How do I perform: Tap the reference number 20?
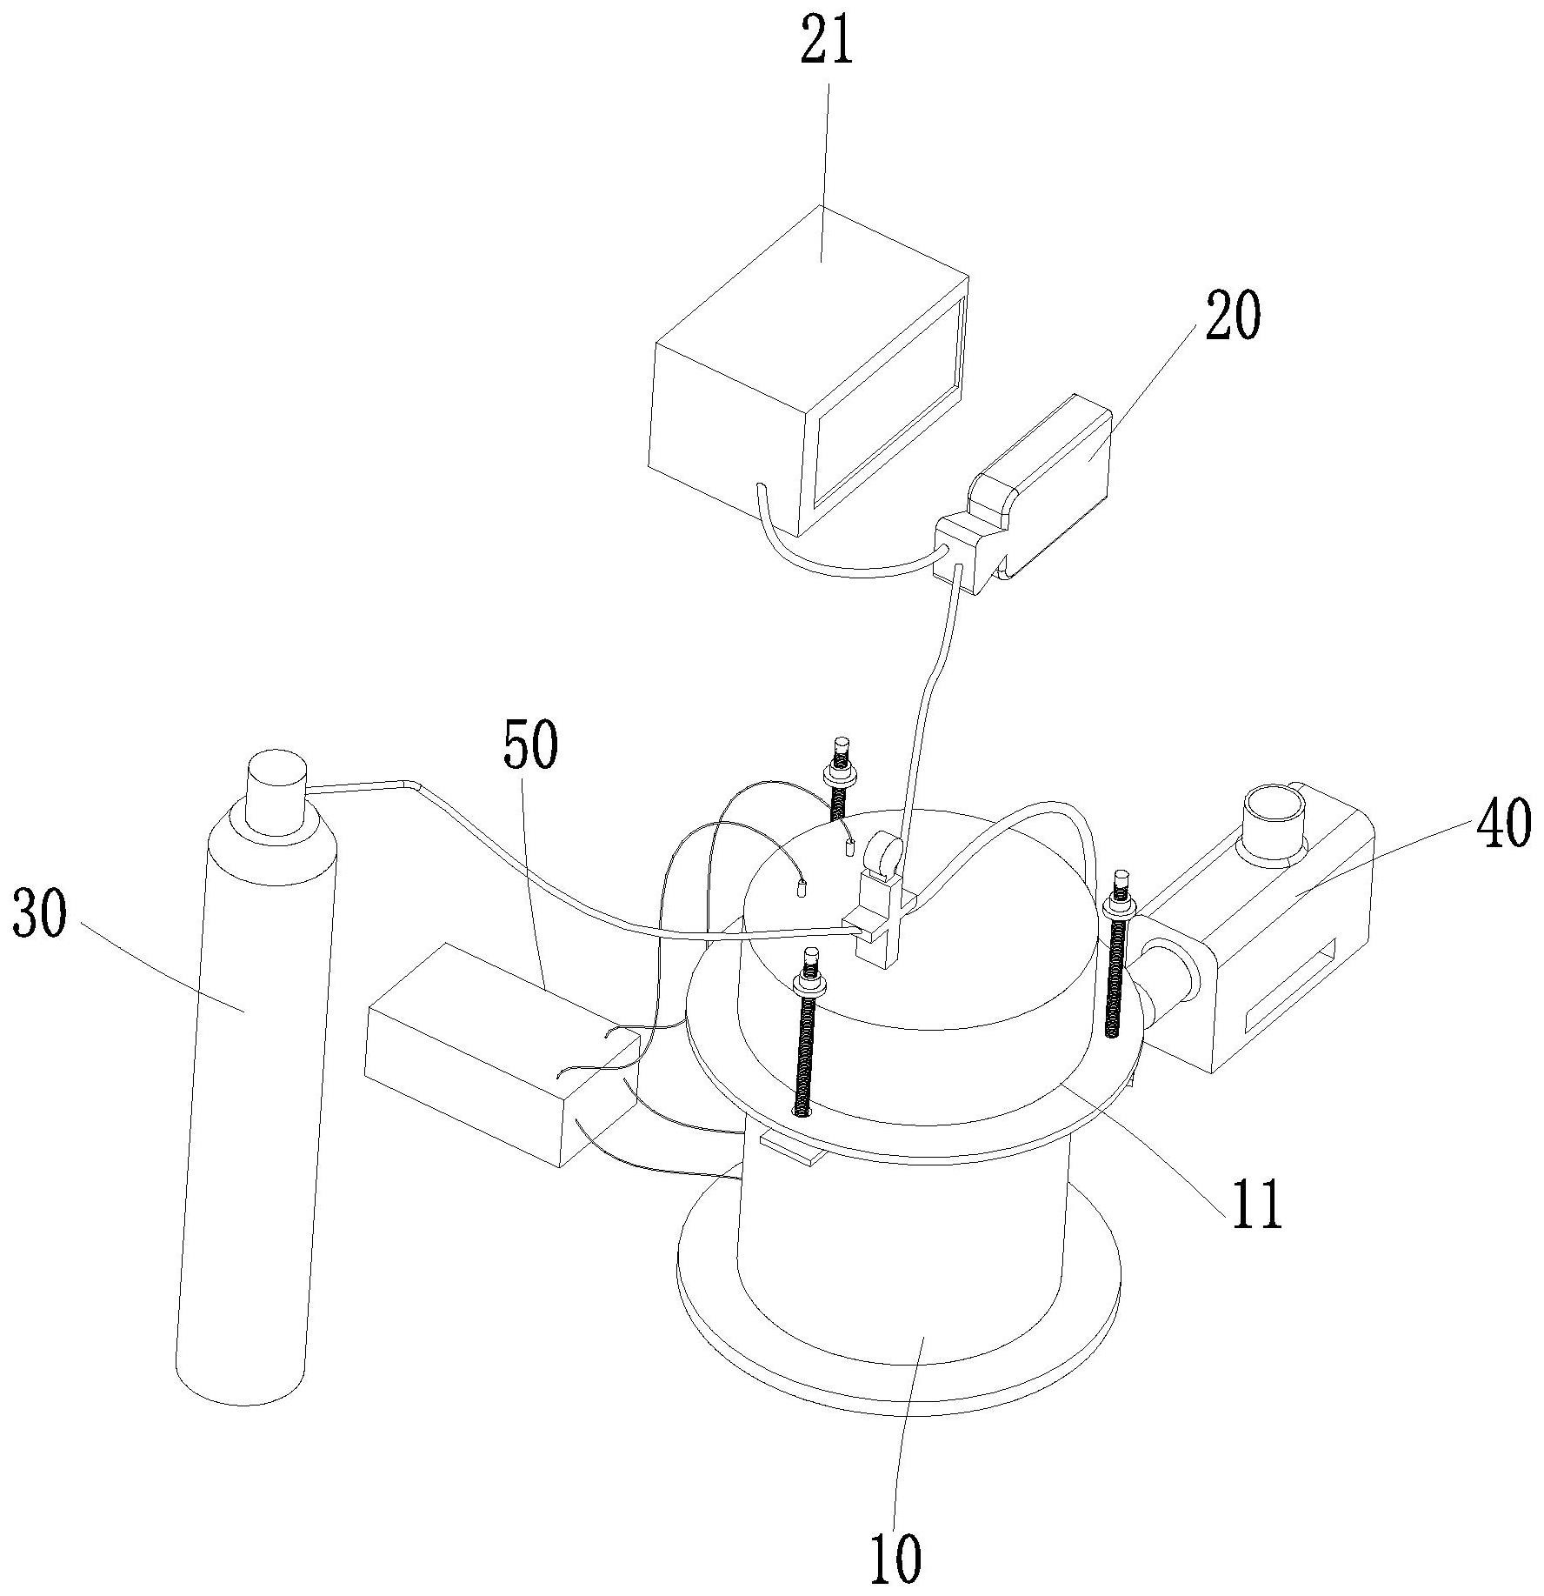[1232, 318]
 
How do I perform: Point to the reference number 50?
[529, 745]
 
